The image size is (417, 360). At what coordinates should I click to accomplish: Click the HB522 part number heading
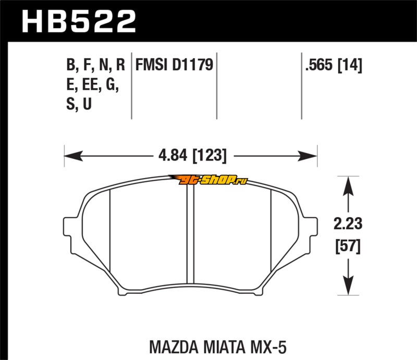[x=79, y=21]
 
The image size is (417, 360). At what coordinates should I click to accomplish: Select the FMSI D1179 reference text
[x=175, y=65]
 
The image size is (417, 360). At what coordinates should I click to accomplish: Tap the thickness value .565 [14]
[x=334, y=65]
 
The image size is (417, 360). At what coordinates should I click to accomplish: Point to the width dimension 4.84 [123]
[x=193, y=156]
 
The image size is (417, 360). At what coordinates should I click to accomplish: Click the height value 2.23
[x=348, y=224]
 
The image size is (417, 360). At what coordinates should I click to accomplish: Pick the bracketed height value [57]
[x=348, y=246]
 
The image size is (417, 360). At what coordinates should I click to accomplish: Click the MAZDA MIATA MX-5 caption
[x=218, y=346]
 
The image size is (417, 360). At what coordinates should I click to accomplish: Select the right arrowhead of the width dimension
[x=308, y=156]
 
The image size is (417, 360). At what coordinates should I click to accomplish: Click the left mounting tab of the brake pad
[x=68, y=227]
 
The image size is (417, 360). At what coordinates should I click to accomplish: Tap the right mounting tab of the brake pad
[x=313, y=227]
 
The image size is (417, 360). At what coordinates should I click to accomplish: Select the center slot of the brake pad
[x=190, y=234]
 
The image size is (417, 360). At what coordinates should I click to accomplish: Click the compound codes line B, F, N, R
[x=95, y=65]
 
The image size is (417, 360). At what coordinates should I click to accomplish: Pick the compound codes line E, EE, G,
[x=92, y=84]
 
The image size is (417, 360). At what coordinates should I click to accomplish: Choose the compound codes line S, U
[x=79, y=104]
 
